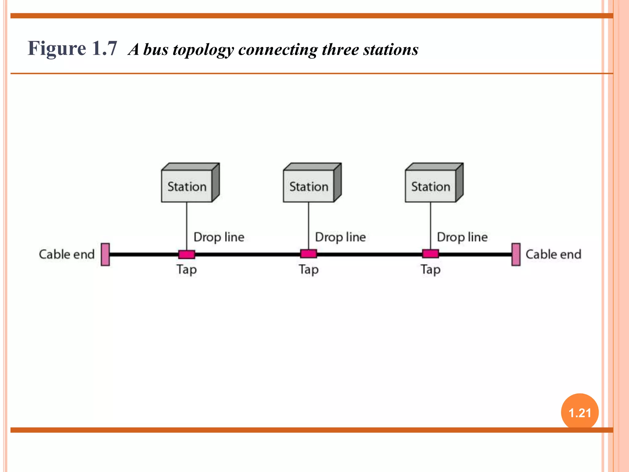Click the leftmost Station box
[x=187, y=186]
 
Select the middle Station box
[x=309, y=186]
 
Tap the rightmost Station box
[x=431, y=186]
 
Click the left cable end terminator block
[x=105, y=254]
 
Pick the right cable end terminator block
[x=516, y=254]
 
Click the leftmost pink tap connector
[x=187, y=254]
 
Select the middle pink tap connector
[x=309, y=254]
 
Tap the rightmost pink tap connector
[x=431, y=254]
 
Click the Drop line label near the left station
[x=219, y=237]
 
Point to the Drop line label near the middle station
[x=341, y=237]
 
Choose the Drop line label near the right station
[x=462, y=237]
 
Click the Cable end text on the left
[x=67, y=254]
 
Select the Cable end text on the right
[x=553, y=254]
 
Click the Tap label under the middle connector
[x=309, y=269]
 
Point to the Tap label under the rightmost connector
[x=431, y=269]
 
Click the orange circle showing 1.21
[x=580, y=412]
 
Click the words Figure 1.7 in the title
[x=72, y=49]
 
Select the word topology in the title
[x=203, y=50]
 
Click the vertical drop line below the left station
[x=187, y=226]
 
